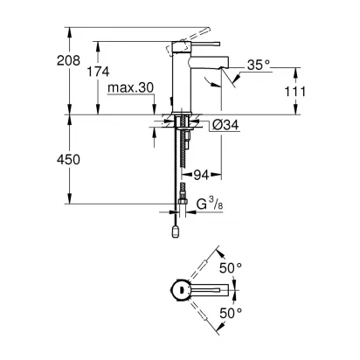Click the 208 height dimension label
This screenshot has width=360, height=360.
point(68,60)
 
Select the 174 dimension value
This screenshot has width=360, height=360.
point(98,72)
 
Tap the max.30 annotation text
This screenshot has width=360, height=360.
point(130,87)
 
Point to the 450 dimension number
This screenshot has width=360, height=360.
point(68,160)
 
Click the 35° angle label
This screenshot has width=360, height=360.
point(259,65)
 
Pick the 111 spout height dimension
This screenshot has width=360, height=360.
point(295,92)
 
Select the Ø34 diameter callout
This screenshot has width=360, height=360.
point(225,125)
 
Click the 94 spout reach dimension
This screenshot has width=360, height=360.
point(201,175)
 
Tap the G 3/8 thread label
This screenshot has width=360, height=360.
point(210,204)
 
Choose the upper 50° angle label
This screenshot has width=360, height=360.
point(231,268)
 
